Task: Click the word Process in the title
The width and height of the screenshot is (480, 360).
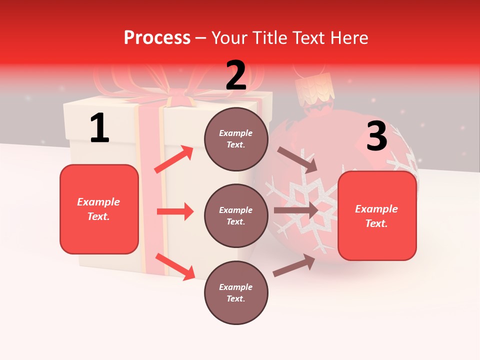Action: [x=157, y=37]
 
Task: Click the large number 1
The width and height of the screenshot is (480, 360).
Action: [x=99, y=128]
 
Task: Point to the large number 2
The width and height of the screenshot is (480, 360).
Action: [x=236, y=75]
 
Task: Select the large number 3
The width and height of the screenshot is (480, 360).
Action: [x=376, y=136]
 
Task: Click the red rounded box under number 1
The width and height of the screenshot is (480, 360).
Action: [x=99, y=209]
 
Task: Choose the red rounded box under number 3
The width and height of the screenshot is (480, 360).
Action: [x=377, y=215]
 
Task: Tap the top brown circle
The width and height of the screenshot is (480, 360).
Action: [x=236, y=139]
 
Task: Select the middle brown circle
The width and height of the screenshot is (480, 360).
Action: [x=236, y=215]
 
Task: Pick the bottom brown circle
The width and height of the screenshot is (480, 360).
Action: [x=236, y=292]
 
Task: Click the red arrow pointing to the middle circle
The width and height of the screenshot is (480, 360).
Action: [x=175, y=211]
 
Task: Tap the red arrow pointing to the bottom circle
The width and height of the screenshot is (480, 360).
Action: [x=175, y=266]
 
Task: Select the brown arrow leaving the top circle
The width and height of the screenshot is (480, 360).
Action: [x=297, y=160]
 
